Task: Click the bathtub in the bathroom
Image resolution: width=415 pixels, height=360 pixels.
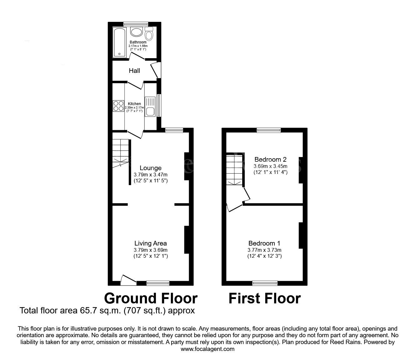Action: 120,42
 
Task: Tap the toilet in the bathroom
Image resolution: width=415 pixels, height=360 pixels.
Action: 149,34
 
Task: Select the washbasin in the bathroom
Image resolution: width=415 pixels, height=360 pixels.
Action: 137,32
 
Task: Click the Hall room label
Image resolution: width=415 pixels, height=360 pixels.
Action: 134,71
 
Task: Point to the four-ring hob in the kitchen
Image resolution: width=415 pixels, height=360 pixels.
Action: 118,106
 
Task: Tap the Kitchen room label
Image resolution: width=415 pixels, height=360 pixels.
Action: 134,104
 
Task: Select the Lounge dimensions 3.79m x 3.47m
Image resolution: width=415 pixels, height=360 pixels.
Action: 151,175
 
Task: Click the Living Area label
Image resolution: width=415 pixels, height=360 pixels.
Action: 151,243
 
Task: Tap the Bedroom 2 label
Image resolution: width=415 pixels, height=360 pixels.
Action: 270,160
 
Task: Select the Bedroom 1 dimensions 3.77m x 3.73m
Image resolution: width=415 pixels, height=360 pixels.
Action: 264,250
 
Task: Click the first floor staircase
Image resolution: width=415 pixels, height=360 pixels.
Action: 234,170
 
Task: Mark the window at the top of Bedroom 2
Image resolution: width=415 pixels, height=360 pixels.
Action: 269,130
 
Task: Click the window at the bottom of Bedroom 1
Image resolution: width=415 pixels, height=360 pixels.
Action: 265,283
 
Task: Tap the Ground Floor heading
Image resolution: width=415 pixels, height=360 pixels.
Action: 151,298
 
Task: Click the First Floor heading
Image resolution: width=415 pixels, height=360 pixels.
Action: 265,298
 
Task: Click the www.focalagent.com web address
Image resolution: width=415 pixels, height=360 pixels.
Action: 207,349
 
